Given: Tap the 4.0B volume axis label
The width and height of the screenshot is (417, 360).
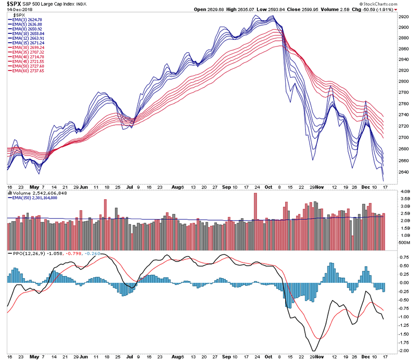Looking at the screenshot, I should [x=402, y=193].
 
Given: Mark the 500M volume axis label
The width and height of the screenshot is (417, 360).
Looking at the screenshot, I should [x=402, y=243].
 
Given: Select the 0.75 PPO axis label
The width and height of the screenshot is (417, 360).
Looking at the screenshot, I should [x=402, y=258].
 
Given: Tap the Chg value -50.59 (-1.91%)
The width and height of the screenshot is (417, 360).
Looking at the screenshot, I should [x=373, y=9].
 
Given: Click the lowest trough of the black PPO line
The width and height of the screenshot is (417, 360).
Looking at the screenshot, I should [x=313, y=351].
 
